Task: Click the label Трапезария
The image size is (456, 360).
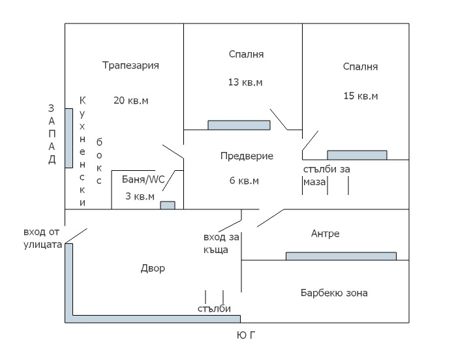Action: click(x=130, y=65)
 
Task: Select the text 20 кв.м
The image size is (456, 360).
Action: click(x=130, y=100)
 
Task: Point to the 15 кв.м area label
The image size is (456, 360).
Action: click(x=361, y=96)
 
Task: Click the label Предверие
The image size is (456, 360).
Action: click(x=247, y=156)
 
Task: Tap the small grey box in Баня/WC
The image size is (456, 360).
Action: click(x=168, y=205)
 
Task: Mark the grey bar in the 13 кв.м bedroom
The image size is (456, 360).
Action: click(x=239, y=125)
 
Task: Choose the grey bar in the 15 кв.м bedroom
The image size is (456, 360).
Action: click(x=357, y=155)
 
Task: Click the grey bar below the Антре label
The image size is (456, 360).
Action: click(x=341, y=256)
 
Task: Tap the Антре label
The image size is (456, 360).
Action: click(x=326, y=233)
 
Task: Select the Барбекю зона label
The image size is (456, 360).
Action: click(x=334, y=293)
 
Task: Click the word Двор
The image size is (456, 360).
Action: click(x=153, y=268)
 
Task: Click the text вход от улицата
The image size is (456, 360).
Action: click(x=42, y=239)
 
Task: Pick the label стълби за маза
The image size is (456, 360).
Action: click(x=326, y=175)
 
